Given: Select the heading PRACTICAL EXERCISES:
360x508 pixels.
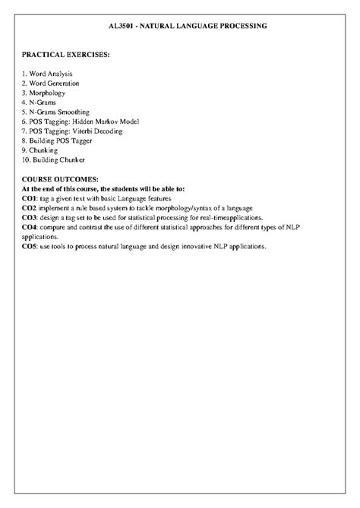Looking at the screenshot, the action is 65,55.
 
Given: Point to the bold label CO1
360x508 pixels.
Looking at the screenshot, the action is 30,197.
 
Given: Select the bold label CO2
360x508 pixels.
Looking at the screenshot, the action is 30,207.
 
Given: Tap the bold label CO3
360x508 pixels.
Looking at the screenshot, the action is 30,217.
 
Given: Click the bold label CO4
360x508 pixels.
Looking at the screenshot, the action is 30,227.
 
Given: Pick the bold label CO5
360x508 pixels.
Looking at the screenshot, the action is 30,247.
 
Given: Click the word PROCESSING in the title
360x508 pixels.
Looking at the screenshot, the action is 239,26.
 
